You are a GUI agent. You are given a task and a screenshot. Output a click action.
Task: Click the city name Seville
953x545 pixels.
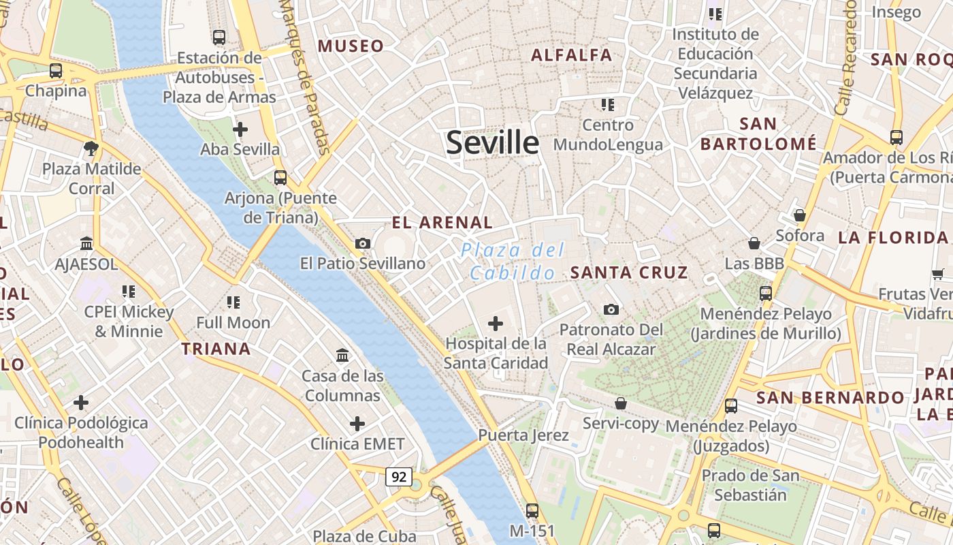pos(492,143)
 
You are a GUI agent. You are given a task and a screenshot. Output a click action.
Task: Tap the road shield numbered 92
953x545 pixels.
pos(399,477)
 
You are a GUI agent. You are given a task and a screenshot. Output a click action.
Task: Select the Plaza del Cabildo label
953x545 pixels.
pos(513,262)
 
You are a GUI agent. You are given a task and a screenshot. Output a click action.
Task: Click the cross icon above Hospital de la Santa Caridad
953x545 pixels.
pos(496,323)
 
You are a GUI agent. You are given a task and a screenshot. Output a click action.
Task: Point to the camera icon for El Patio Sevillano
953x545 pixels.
pos(363,243)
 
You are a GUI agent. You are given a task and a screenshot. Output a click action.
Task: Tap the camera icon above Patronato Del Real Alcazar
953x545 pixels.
pos(611,309)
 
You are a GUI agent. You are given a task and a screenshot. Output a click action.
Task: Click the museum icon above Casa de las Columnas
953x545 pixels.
pos(342,355)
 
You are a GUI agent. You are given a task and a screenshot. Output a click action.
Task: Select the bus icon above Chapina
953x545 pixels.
pos(56,70)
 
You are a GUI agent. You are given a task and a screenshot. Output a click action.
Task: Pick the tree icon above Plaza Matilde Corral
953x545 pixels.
pos(91,148)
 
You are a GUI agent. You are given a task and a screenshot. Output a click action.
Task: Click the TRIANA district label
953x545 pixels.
pos(216,349)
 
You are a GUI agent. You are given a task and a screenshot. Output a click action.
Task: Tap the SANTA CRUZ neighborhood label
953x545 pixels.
pos(629,272)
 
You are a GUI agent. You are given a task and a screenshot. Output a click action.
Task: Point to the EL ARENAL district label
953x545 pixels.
pos(442,222)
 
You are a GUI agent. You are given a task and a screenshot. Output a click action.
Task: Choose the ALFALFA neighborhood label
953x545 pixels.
pos(571,55)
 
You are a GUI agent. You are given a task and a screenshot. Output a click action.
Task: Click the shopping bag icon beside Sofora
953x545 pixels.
pos(800,215)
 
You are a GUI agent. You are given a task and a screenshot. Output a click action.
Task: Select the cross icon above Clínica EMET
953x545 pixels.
pos(357,424)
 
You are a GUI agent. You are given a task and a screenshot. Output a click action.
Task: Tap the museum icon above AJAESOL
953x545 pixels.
pos(86,243)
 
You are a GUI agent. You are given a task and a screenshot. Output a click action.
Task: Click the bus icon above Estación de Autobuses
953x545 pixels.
pos(219,37)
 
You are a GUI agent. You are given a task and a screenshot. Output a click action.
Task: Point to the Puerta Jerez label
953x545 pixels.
pos(523,435)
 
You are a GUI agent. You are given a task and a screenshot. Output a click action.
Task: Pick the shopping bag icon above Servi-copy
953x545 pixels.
pos(621,403)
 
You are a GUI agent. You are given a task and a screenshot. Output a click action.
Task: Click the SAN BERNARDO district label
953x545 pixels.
pos(830,397)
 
